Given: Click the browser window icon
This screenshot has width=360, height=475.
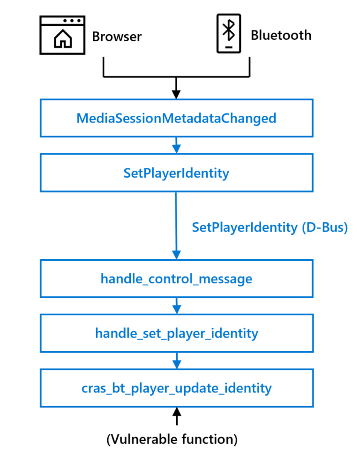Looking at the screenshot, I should [62, 34].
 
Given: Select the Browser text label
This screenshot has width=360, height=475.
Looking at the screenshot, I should [117, 36].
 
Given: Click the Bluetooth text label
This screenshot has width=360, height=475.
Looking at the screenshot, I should [281, 35].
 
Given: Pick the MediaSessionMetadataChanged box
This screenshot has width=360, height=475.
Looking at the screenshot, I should [176, 118].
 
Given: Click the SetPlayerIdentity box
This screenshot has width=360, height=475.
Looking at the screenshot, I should [176, 173].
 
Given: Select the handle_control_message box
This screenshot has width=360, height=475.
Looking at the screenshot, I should [176, 279].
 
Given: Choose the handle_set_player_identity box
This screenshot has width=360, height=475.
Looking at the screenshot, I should [176, 333].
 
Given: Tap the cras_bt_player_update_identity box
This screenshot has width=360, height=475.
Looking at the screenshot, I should [176, 388].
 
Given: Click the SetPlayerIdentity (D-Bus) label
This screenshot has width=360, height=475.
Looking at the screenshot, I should [270, 227].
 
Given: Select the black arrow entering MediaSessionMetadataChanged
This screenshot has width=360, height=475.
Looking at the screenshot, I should [176, 88].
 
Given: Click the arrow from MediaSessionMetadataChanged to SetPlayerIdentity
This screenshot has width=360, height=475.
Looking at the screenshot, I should [176, 145].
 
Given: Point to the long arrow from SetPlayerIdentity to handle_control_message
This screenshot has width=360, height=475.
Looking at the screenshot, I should [176, 225].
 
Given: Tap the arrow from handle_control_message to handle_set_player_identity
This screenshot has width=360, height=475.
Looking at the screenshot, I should [176, 306].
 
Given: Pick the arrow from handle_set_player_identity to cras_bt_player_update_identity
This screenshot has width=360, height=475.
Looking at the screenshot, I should [176, 361].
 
